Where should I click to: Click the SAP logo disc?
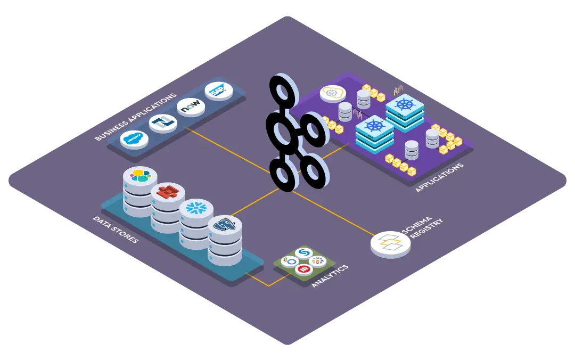click(x=219, y=91)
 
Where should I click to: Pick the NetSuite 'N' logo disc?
click(x=162, y=124)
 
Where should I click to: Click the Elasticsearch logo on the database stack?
click(x=140, y=175)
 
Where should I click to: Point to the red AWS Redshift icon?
click(x=167, y=191)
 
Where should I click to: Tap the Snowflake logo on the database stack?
click(x=195, y=209)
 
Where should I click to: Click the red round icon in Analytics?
click(x=303, y=271)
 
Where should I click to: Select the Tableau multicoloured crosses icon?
click(x=318, y=261)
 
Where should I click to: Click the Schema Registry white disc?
click(x=390, y=244)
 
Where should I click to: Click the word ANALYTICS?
click(x=330, y=276)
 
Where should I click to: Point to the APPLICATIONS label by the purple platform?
click(x=440, y=174)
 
